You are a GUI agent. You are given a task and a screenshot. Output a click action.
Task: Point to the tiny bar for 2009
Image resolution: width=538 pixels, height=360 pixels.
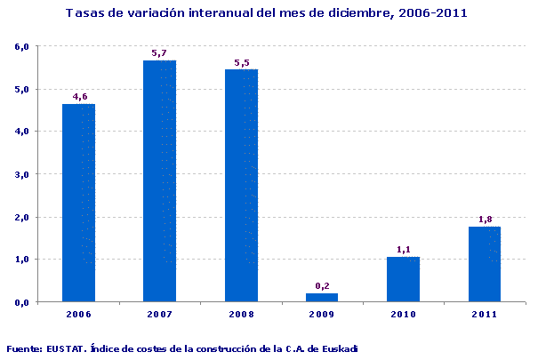322,297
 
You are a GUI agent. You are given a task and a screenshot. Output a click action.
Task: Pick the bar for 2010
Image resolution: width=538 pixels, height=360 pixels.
403,279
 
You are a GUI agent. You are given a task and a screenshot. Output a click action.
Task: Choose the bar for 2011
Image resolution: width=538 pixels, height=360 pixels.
485,264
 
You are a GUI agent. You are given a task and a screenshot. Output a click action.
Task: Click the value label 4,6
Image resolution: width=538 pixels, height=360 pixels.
79,96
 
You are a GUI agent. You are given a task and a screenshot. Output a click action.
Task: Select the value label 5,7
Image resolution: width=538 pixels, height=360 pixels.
160,53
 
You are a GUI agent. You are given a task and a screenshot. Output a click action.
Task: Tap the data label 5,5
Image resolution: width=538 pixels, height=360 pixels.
241,62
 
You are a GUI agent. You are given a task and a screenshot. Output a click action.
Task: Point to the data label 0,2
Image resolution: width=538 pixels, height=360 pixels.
322,285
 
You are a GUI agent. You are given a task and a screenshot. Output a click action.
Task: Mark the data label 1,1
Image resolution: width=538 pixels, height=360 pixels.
403,250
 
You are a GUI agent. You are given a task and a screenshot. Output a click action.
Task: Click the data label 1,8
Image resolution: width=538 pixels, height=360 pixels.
485,219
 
